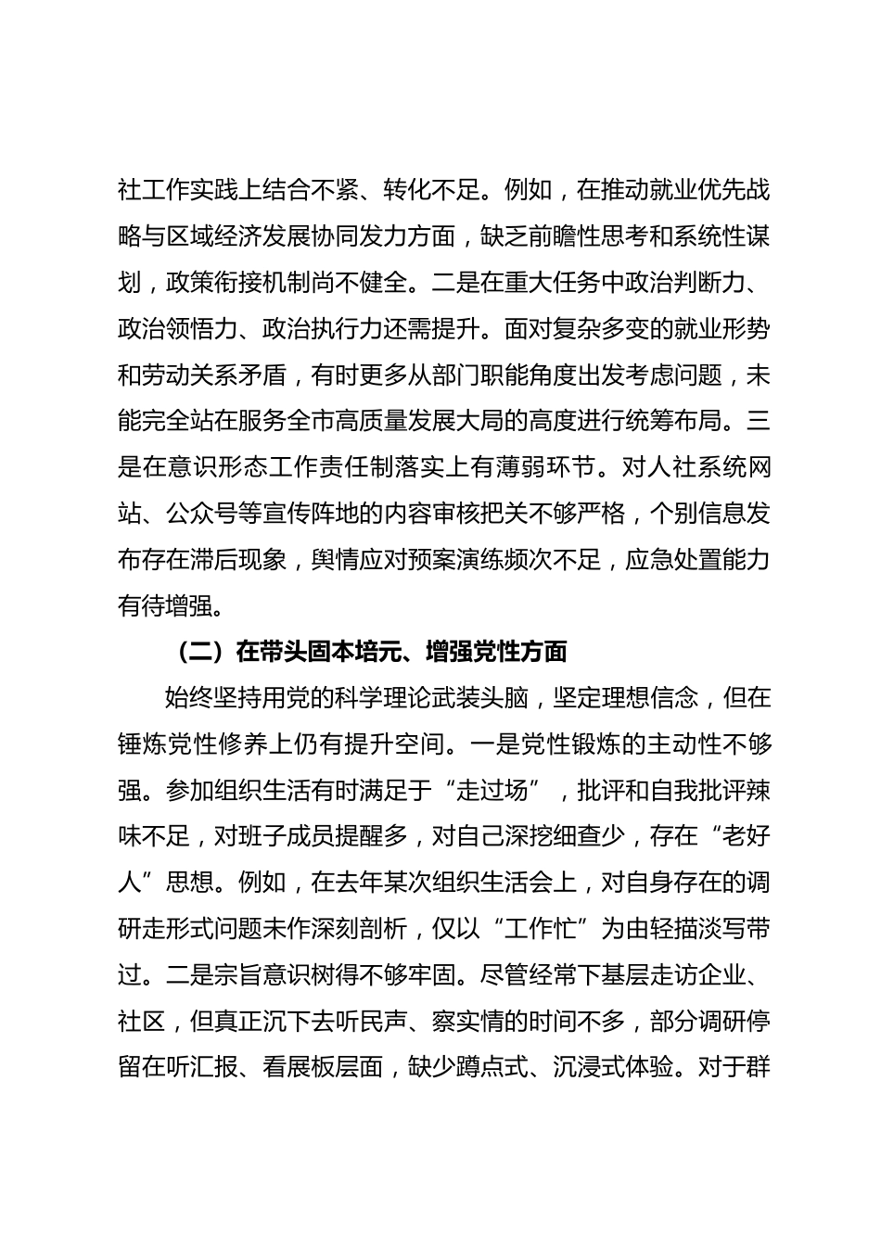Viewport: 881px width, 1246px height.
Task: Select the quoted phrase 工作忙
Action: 544,929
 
